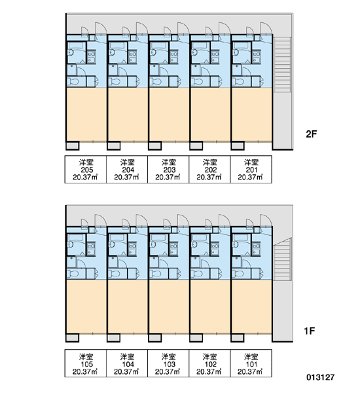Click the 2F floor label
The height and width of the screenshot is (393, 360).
[x=311, y=134]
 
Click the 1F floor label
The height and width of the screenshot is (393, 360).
[x=310, y=331]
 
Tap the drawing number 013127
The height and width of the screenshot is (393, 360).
[x=321, y=377]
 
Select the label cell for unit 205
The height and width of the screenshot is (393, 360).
[x=86, y=170]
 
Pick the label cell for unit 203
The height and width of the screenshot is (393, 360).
[x=168, y=170]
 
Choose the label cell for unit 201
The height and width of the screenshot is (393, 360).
[x=251, y=170]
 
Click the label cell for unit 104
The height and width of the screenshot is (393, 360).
[x=127, y=363]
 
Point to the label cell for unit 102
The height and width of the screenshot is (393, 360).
[x=209, y=363]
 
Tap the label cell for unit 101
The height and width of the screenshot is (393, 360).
[x=251, y=363]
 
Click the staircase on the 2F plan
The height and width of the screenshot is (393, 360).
[x=282, y=65]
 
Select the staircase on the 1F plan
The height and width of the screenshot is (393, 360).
[x=282, y=259]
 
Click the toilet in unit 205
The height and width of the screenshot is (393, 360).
[x=73, y=81]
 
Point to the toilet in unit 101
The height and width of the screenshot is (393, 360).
[x=238, y=273]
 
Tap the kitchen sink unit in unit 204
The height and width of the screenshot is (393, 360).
[x=132, y=56]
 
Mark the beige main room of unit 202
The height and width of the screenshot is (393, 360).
[x=211, y=114]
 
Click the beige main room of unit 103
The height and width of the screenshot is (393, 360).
[x=169, y=307]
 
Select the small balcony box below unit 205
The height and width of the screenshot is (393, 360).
[x=73, y=145]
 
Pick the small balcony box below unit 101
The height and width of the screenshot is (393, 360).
[x=237, y=338]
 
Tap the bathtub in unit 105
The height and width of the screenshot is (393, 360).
[x=76, y=237]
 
